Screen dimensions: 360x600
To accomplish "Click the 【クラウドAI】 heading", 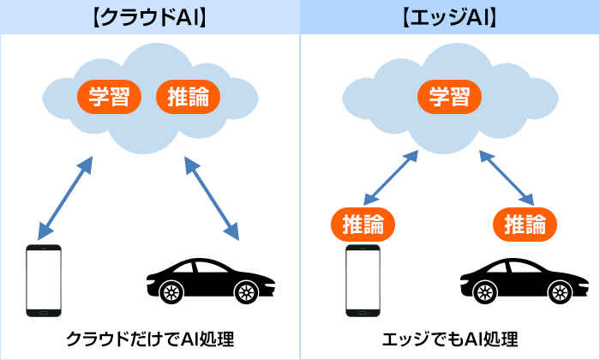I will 149,16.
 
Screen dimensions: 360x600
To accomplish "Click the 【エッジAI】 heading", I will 449,16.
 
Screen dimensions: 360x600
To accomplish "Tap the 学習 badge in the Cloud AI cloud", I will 110,95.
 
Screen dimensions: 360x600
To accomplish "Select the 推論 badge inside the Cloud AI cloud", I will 188,95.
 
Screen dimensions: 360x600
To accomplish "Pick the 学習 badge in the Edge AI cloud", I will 450,95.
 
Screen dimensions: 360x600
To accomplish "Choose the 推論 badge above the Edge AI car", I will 525,225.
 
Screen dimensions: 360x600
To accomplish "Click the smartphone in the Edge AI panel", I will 363,282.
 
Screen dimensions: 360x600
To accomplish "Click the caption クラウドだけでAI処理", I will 149,337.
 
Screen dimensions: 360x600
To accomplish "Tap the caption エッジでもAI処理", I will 449,337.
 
